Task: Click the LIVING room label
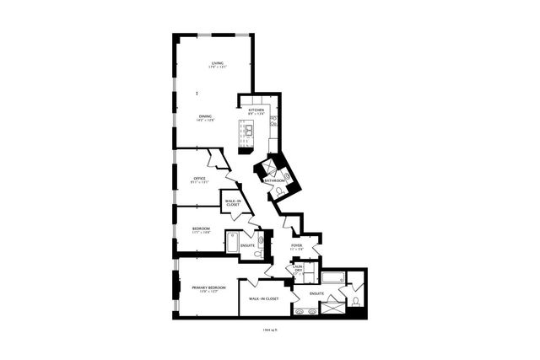tap(217, 63)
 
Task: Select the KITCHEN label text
tap(256, 110)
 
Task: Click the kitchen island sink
tap(251, 130)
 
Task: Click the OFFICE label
tap(200, 178)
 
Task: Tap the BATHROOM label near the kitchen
tap(275, 180)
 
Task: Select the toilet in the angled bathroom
tap(278, 192)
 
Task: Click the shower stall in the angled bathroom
tap(271, 167)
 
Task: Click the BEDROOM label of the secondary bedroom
tap(200, 228)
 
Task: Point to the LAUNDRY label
tap(298, 270)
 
